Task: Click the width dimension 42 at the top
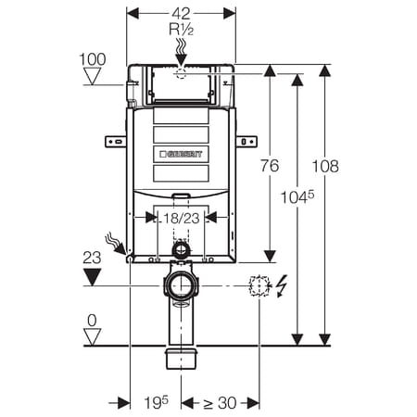point(181,13)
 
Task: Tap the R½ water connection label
point(182,30)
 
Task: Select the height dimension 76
point(270,166)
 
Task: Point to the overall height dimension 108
point(325,166)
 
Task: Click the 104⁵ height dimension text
point(297,197)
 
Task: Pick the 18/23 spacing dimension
point(182,219)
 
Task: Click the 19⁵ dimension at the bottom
point(157,402)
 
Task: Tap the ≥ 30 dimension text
point(220,403)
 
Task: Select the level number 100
point(93,59)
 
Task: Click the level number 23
point(92,258)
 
